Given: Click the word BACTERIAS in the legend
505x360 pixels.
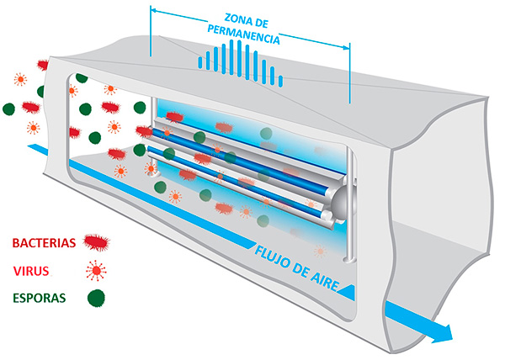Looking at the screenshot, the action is coord(44,242).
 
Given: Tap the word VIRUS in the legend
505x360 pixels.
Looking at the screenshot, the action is coord(31,271).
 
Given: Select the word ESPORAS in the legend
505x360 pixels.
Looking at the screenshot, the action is coord(40,299).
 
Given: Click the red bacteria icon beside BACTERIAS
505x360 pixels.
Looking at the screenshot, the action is coord(96,242).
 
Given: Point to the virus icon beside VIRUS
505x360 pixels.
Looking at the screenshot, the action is coord(96,271).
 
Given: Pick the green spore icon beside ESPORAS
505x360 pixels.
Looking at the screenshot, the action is coord(96,299).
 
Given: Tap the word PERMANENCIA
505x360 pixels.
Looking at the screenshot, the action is coord(243,34).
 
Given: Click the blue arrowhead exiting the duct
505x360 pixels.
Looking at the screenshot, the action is coord(444,334).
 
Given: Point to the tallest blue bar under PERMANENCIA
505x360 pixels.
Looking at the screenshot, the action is coord(239,58).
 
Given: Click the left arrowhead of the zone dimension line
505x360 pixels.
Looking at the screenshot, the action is coord(154,11).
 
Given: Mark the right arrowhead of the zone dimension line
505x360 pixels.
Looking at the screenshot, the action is coord(347,48).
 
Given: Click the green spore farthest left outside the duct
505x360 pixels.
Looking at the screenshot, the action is coord(8,109).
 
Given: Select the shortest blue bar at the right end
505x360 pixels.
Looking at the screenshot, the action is coord(280,81).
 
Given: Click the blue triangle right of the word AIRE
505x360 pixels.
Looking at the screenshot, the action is coord(348,292).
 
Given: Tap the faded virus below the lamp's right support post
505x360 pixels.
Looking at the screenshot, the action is coord(320,251).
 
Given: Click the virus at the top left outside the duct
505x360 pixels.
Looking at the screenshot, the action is coord(20,79).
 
